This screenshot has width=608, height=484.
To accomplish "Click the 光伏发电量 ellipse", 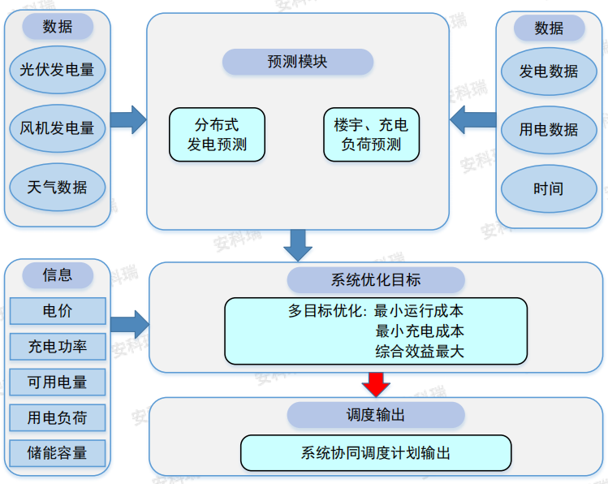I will (58, 70).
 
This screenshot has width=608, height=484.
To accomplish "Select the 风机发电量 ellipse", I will (58, 128).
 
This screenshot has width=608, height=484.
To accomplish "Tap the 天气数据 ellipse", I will (58, 188).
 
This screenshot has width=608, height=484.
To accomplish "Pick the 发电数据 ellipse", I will (549, 71).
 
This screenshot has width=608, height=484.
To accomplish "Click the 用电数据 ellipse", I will (549, 129).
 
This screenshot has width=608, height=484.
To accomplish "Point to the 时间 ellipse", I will (549, 188).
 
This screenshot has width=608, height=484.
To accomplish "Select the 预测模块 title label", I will (297, 62).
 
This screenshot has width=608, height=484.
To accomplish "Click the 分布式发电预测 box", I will (217, 135).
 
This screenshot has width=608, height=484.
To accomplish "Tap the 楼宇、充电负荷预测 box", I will (371, 135).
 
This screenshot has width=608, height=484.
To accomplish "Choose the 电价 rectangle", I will (58, 311).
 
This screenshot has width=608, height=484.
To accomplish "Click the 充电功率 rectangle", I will (58, 347).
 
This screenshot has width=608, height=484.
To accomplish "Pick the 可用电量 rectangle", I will (58, 382).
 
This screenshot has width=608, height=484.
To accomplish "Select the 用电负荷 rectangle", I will (58, 418).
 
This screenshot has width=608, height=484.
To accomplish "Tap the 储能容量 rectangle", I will (58, 453).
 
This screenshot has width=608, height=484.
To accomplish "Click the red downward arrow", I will (376, 383).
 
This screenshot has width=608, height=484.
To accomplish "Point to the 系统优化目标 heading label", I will (376, 280).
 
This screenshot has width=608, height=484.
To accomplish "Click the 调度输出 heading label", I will (376, 415).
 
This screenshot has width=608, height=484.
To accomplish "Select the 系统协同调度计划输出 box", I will (376, 453).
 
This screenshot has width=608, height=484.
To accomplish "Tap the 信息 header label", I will (58, 275).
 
